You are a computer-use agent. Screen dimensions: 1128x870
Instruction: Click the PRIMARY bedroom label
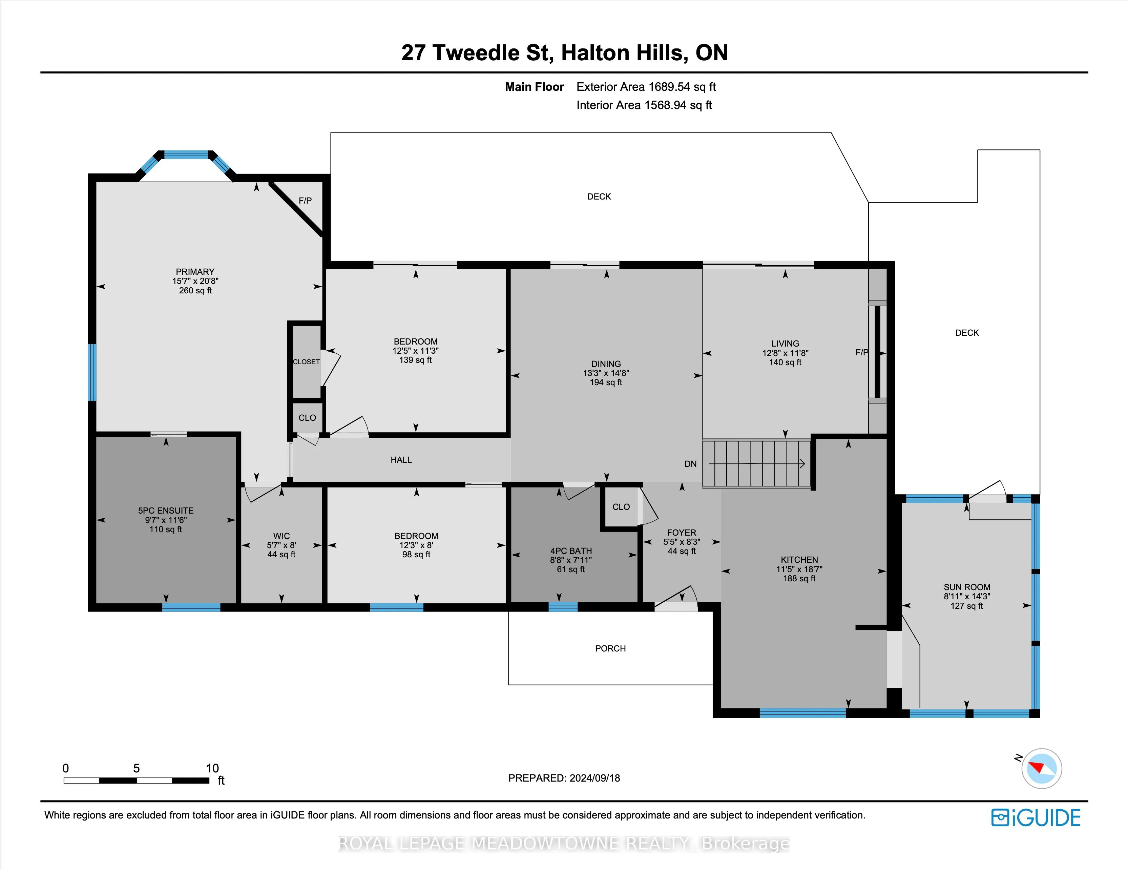coord(195,272)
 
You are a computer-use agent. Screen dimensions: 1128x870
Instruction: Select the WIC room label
coord(281,536)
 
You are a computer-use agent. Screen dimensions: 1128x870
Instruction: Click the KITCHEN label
coord(799,560)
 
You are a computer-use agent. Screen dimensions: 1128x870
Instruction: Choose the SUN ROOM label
coord(967,587)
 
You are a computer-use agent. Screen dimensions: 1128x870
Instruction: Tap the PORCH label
coord(610,648)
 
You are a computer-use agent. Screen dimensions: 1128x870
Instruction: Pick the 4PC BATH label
coord(571,551)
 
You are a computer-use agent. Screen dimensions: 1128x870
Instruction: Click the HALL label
coord(401,460)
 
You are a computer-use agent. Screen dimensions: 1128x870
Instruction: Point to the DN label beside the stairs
coord(691,464)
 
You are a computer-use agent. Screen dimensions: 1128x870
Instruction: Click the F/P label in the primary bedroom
coord(305,201)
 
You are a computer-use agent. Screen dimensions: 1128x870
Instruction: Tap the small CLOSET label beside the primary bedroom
coord(306,361)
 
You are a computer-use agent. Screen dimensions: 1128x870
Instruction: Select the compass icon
coord(1041,768)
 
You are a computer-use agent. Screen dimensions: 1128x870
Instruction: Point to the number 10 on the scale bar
coord(212,768)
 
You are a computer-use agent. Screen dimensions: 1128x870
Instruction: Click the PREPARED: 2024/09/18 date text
coord(564,778)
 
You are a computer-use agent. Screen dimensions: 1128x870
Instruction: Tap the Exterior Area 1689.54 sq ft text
coord(646,87)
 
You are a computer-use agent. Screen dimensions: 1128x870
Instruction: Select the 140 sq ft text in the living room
coord(785,362)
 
